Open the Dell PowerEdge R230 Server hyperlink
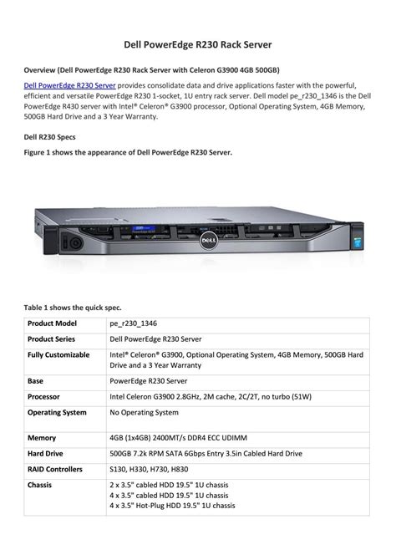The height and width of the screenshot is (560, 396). tap(69, 85)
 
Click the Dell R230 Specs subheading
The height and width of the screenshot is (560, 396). tap(49, 136)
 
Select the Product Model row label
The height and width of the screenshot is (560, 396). tap(53, 323)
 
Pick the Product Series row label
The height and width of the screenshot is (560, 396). tap(52, 339)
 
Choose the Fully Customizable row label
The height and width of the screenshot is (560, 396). tap(58, 355)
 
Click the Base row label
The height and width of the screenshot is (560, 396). tap(36, 379)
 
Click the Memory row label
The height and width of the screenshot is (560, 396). tap(42, 437)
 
